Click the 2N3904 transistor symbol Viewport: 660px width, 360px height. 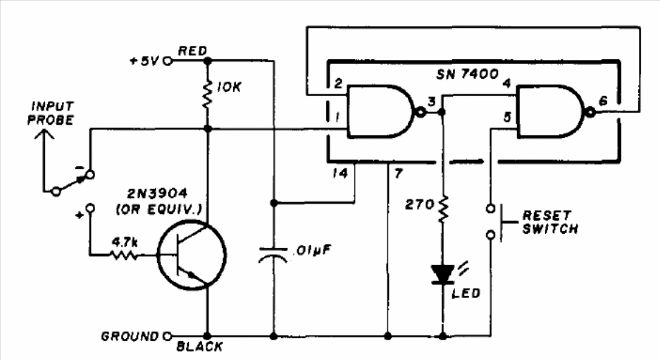(x=192, y=254)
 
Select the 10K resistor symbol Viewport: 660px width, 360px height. (x=207, y=95)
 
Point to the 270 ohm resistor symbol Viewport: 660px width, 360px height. (x=443, y=209)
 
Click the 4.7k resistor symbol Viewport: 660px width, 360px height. (x=123, y=255)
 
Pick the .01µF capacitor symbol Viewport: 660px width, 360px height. (x=273, y=254)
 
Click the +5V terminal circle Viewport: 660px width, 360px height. (x=168, y=61)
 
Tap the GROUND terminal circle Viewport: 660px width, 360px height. (x=168, y=336)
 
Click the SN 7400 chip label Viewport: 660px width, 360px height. (x=467, y=75)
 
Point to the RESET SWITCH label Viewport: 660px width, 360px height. (x=549, y=222)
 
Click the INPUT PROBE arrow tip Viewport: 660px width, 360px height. (x=44, y=130)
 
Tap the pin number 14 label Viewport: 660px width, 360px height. (x=340, y=173)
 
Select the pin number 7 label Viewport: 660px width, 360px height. (x=398, y=173)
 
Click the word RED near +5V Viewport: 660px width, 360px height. (x=192, y=51)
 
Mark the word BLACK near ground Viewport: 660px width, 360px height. (x=199, y=347)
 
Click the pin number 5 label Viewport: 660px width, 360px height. (x=508, y=117)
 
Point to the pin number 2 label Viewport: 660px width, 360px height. (x=338, y=83)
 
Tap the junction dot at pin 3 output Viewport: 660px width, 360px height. (x=442, y=112)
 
